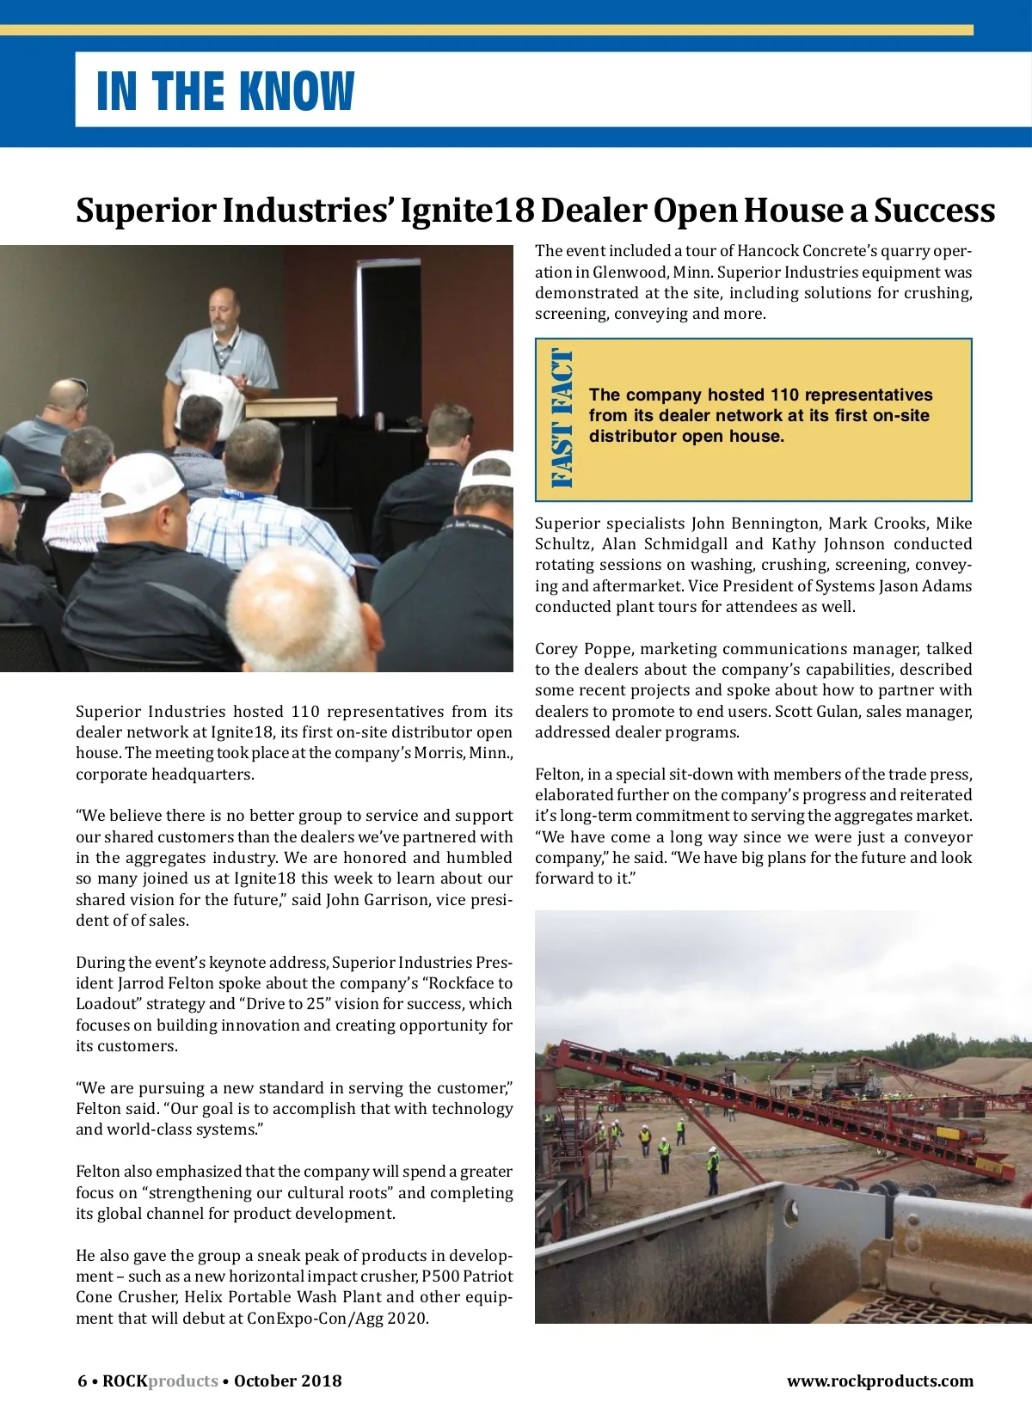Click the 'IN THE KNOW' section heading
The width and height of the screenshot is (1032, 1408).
coord(225,91)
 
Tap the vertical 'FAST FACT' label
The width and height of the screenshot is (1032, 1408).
coord(561,419)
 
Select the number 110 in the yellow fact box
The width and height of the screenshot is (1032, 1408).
coord(784,395)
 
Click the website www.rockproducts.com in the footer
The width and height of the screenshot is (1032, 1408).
coord(880,1381)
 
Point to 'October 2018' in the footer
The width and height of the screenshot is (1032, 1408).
coord(287,1381)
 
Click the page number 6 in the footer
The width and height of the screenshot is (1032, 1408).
coord(83,1381)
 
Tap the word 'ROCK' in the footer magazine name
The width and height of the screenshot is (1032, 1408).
coord(125,1381)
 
